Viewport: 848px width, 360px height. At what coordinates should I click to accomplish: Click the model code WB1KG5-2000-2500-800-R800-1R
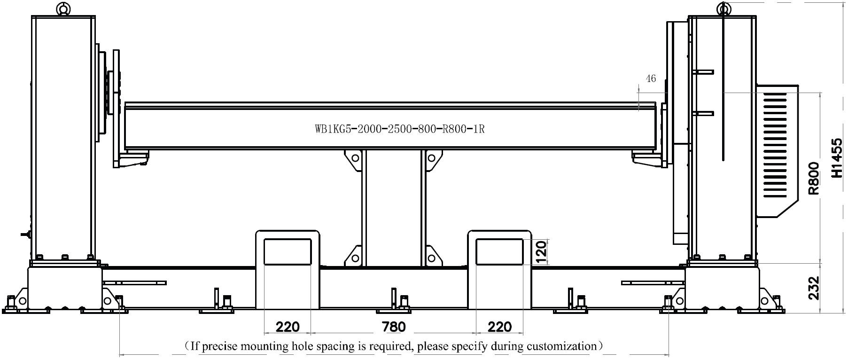coord(400,128)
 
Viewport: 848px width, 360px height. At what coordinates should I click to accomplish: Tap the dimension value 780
coord(394,326)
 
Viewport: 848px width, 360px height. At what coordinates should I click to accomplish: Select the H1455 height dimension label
coord(836,158)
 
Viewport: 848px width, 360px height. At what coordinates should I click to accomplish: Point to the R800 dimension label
coord(814,178)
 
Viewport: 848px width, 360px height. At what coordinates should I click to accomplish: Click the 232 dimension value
coord(814,288)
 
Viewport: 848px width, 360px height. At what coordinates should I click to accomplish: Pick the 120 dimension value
coord(541,252)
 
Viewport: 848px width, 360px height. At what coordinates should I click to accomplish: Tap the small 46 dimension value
coord(651,78)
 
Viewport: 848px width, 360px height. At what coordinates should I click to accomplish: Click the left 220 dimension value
coord(288,326)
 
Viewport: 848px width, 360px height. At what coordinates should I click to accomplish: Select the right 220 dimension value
coord(500,326)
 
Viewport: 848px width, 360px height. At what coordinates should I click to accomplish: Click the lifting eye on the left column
coord(62,8)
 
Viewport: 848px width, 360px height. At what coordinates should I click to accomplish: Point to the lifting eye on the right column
coord(724,8)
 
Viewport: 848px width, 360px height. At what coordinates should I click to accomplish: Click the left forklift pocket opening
coord(288,252)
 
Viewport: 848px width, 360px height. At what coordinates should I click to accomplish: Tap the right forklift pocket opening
coord(500,252)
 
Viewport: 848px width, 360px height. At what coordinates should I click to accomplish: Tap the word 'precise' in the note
coord(221,347)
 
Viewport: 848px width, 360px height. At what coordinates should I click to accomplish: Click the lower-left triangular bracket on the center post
coord(353,256)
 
